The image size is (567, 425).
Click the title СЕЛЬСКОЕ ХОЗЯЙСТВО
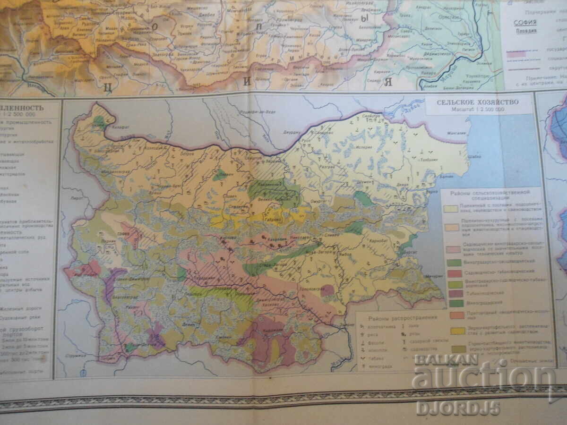(x=477, y=102)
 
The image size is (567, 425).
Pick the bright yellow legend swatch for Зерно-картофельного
(x=456, y=331)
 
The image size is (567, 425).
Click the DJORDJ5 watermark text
(x=457, y=408)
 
